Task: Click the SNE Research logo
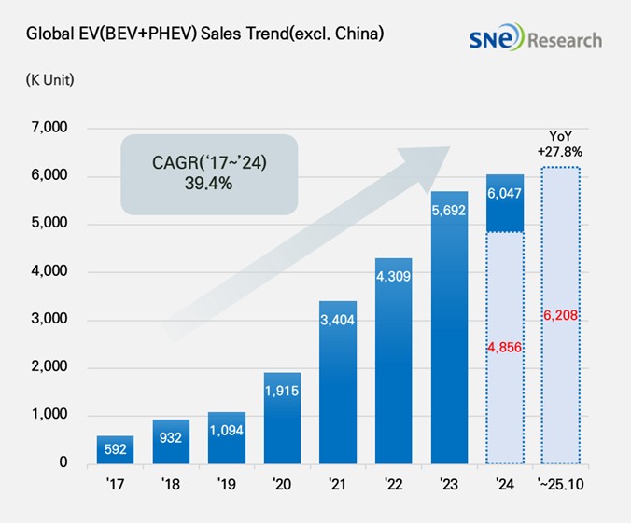[x=536, y=38]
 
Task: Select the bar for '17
[x=114, y=449]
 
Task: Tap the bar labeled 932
[x=170, y=441]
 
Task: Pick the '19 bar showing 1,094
[x=226, y=437]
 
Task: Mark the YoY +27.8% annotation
[x=561, y=143]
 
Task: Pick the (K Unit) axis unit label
[x=50, y=79]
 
